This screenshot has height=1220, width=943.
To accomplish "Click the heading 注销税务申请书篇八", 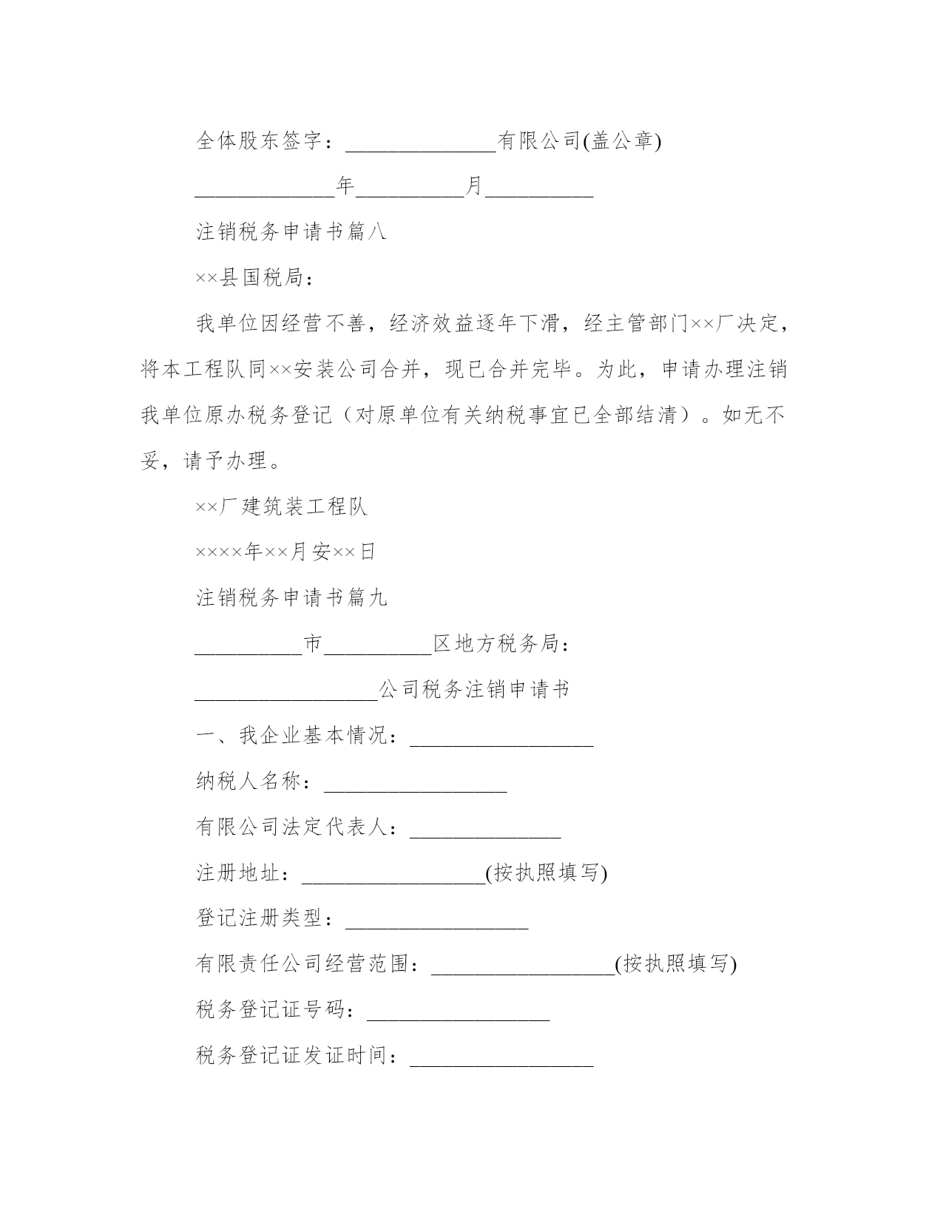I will [291, 232].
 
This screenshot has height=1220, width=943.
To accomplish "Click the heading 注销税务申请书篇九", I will [291, 597].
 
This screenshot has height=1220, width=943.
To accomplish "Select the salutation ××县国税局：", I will [255, 278].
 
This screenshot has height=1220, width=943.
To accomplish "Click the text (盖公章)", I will [622, 140].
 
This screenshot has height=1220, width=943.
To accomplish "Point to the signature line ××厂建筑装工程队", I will [282, 506].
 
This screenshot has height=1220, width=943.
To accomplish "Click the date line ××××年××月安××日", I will [285, 552].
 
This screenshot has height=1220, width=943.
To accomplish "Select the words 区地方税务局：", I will [501, 644].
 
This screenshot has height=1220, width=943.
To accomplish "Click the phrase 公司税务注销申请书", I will [474, 690].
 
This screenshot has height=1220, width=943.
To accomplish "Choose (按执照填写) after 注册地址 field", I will [547, 873].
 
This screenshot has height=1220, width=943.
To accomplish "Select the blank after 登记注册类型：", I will [436, 920].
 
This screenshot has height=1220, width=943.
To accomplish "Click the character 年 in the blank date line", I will [345, 186].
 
